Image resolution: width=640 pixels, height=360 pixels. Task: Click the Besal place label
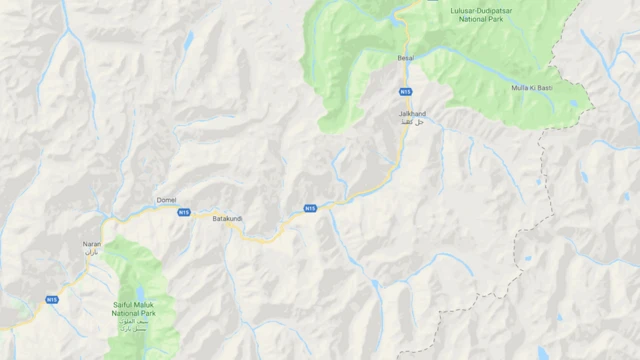pyautogui.click(x=405, y=59)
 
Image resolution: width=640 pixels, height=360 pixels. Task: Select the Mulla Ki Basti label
pyautogui.click(x=530, y=88)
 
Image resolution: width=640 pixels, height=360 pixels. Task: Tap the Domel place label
pyautogui.click(x=166, y=200)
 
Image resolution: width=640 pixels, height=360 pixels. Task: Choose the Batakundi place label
pyautogui.click(x=228, y=217)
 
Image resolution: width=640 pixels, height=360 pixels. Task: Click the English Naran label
pyautogui.click(x=92, y=244)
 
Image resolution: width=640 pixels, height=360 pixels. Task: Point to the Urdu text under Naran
pyautogui.click(x=92, y=253)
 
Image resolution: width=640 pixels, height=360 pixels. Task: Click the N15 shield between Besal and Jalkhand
pyautogui.click(x=405, y=92)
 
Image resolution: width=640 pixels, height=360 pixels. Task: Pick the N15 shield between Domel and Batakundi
pyautogui.click(x=184, y=212)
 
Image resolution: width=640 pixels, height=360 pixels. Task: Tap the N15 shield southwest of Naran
pyautogui.click(x=52, y=299)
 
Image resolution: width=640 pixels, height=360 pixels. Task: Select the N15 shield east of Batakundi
pyautogui.click(x=310, y=208)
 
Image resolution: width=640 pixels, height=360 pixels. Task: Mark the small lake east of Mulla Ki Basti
pyautogui.click(x=572, y=102)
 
